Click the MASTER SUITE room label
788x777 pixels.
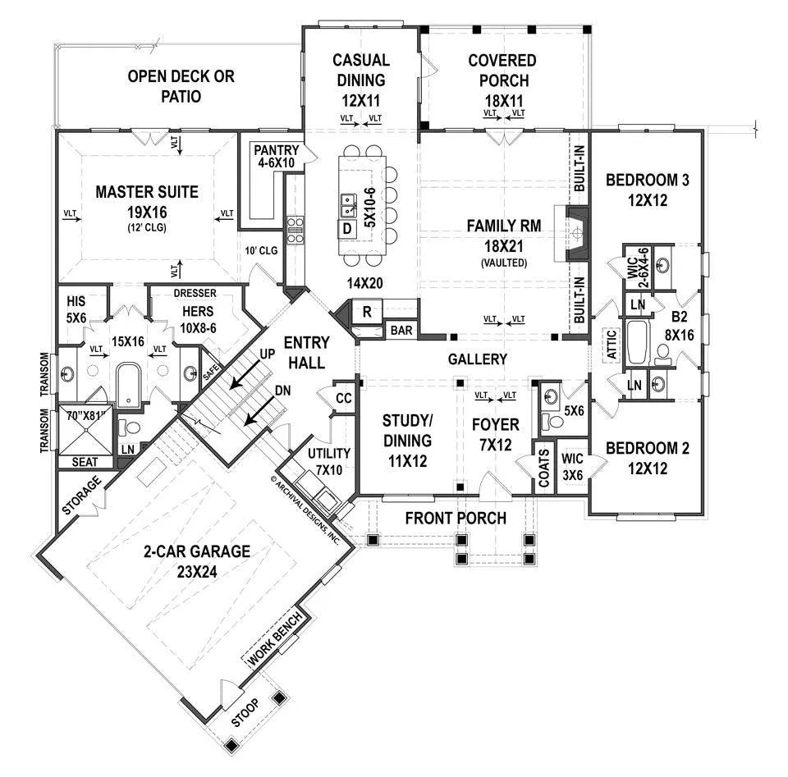click(x=146, y=193)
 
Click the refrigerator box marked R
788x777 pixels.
click(x=367, y=311)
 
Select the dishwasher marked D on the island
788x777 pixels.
click(x=347, y=228)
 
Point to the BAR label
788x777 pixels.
click(x=401, y=331)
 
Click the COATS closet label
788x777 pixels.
click(x=543, y=466)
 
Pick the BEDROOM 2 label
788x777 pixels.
click(x=647, y=449)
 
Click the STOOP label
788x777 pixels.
click(x=245, y=711)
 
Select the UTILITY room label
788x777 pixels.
click(x=329, y=454)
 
